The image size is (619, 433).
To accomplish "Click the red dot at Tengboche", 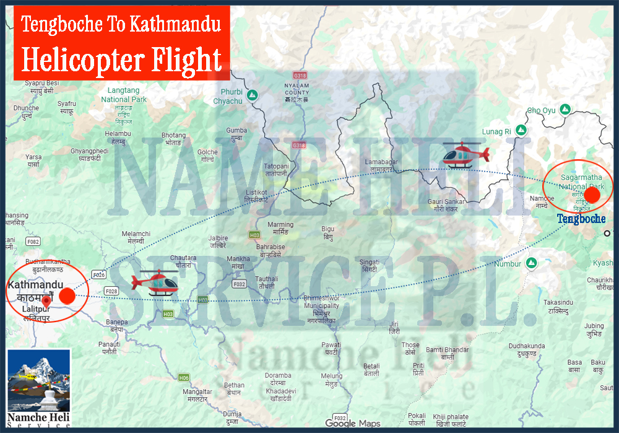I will pos(592,195).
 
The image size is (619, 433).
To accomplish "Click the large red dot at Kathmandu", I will pos(67,295).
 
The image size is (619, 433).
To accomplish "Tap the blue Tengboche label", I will pos(581,219).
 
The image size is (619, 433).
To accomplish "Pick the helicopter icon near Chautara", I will pos(158,282).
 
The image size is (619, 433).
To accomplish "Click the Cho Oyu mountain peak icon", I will pos(565,110).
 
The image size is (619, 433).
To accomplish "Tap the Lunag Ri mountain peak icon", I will pos(521,131).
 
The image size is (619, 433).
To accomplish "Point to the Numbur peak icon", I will pos(530,263).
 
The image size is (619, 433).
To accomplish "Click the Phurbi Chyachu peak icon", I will pos(251,95).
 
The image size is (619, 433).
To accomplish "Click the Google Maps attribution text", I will pos(353,423).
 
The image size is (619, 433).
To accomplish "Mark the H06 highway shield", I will pos(183,377).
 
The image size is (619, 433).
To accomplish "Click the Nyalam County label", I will pos(297,93).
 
